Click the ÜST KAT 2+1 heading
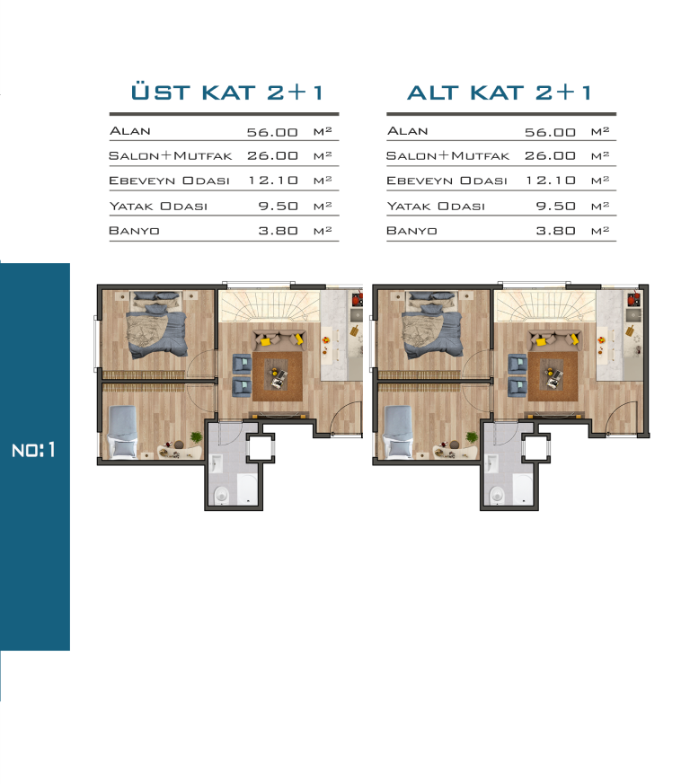[226, 92]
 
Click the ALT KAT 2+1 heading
[499, 92]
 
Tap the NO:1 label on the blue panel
[33, 450]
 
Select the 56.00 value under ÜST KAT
[272, 132]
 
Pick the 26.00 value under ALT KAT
[550, 155]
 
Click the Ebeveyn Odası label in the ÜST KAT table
[169, 181]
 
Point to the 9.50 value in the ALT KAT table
[555, 206]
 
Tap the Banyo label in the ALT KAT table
[411, 231]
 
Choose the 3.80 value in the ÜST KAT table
[278, 231]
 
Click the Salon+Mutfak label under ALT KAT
[447, 156]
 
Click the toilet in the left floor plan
[221, 495]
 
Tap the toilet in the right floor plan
[497, 495]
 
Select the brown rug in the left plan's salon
[278, 376]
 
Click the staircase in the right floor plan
[544, 306]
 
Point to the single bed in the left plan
[122, 432]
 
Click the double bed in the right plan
[432, 325]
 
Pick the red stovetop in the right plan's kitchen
[634, 299]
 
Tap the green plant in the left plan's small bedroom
[196, 437]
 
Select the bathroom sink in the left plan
[217, 463]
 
